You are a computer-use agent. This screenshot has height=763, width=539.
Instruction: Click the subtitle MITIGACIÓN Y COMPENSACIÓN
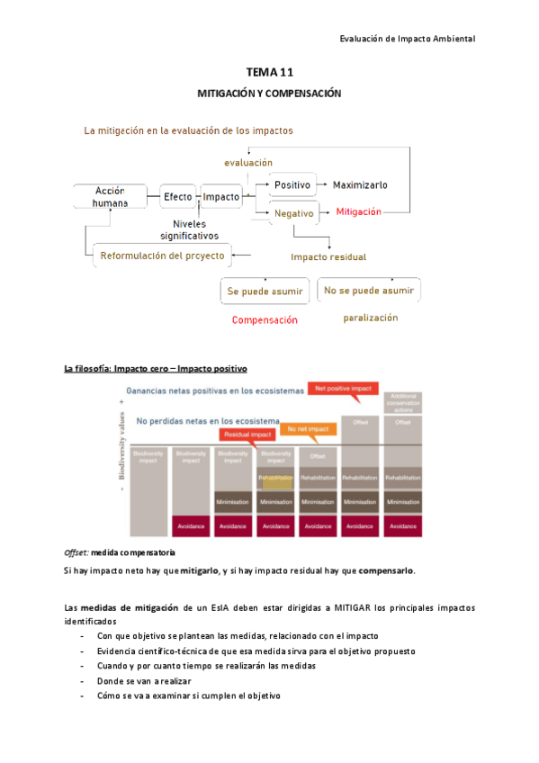click(269, 94)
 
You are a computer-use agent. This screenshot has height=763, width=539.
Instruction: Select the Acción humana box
click(110, 196)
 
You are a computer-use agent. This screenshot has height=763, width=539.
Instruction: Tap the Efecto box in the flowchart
click(177, 196)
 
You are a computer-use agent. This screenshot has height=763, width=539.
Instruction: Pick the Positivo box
click(292, 184)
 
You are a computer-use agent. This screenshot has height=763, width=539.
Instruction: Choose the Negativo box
click(293, 213)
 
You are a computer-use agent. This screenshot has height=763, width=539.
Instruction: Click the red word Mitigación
click(358, 212)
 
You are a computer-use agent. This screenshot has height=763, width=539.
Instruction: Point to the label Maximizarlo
click(360, 184)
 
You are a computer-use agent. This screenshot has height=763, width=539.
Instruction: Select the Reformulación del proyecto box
click(163, 256)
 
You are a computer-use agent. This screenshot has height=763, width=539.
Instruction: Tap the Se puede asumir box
click(264, 291)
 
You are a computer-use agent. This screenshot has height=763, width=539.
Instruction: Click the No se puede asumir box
click(369, 291)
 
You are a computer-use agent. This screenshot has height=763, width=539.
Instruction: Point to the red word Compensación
click(265, 320)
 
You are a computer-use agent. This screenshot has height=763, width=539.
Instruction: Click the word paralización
click(370, 318)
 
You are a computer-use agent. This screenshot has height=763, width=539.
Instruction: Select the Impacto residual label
click(328, 256)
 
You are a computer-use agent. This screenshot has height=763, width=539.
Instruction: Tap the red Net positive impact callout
click(342, 389)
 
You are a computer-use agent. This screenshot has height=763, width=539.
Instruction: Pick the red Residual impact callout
click(247, 435)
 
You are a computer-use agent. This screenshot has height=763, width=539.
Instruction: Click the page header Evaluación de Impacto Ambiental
click(408, 39)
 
